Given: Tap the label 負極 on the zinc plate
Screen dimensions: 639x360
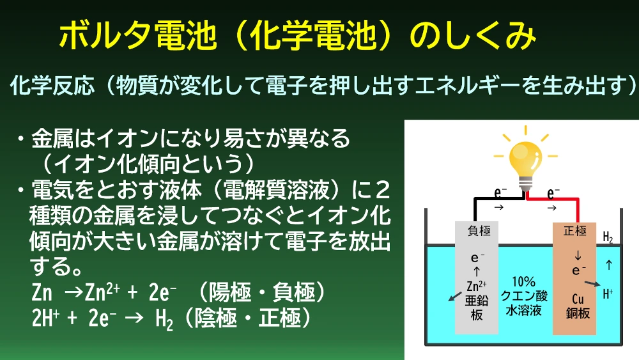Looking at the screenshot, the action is click(x=479, y=231).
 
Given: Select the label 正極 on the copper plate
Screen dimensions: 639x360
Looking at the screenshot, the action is click(x=575, y=231).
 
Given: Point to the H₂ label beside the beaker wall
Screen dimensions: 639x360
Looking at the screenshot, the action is click(x=608, y=237).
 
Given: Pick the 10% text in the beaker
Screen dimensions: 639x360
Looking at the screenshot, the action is click(x=524, y=281).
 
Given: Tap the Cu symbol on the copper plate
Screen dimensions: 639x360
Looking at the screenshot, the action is click(x=578, y=299).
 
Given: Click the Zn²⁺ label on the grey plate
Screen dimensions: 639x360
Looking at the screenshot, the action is click(x=477, y=285).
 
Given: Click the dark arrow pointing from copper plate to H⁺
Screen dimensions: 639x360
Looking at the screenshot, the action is click(x=592, y=284).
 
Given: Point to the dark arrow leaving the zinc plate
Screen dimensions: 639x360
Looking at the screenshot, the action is click(x=455, y=297).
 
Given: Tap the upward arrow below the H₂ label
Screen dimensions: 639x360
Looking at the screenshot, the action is click(x=609, y=265).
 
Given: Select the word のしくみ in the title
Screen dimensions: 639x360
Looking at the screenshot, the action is click(x=472, y=36).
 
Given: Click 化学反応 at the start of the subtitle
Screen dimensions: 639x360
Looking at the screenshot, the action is click(x=52, y=86).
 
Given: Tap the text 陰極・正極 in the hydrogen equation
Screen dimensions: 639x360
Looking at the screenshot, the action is click(x=248, y=318).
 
